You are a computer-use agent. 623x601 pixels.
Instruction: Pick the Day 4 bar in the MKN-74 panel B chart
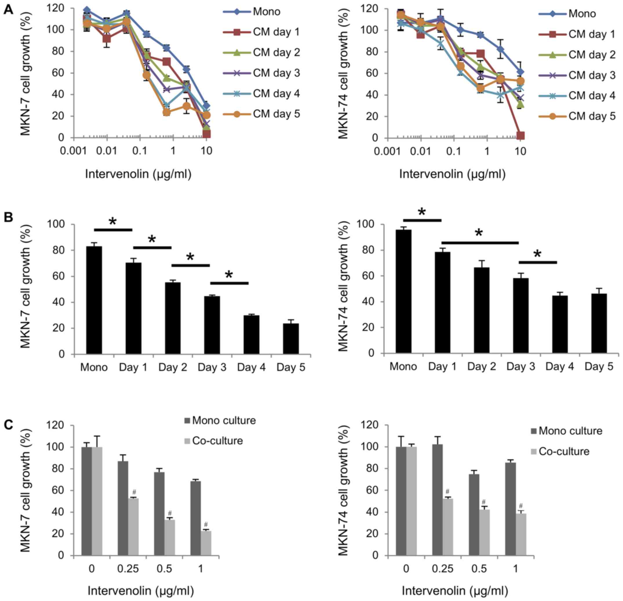point(560,324)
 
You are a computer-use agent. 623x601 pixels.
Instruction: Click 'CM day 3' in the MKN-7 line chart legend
point(276,73)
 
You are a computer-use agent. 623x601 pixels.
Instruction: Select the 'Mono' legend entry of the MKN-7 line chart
point(266,12)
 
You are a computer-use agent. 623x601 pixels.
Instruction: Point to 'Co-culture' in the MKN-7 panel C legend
point(217,441)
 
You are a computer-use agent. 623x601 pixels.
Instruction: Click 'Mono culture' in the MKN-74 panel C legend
point(571,431)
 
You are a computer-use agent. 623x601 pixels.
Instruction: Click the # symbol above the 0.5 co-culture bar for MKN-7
point(170,513)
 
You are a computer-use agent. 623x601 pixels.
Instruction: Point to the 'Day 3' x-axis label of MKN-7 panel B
point(212,368)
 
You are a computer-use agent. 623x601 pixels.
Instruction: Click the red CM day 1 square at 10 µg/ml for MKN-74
point(520,136)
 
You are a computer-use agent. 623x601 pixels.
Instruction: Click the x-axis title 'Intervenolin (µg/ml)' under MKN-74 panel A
point(452,174)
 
